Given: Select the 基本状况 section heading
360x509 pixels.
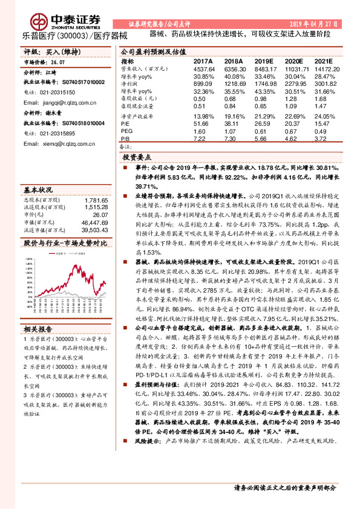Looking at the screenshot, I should (x=38, y=189).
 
